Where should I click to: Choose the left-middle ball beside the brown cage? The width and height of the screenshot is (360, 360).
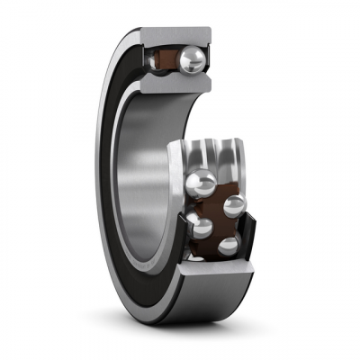[x=202, y=226]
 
